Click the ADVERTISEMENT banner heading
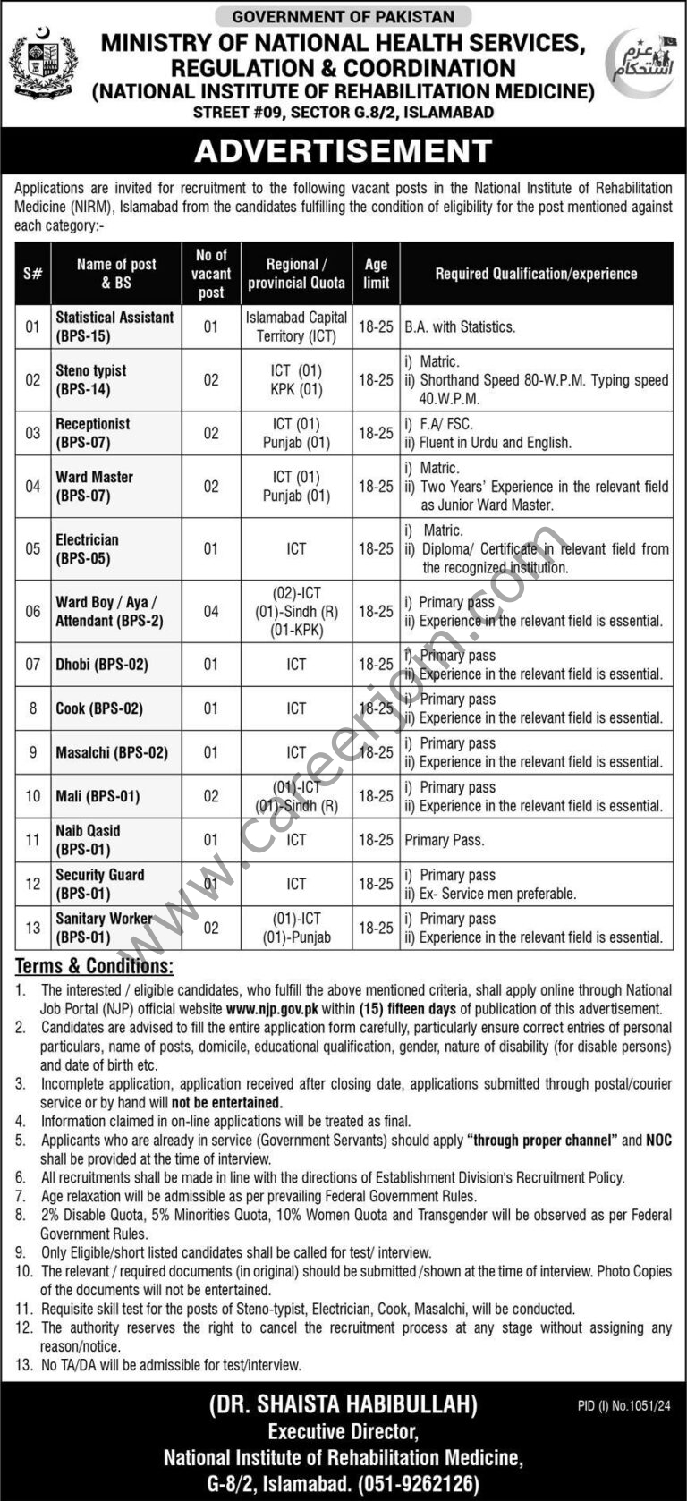click(343, 151)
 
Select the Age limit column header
click(376, 274)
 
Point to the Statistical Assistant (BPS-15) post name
click(114, 326)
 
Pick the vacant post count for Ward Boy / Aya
click(211, 612)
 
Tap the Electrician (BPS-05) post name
click(87, 549)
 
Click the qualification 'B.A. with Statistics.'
click(460, 327)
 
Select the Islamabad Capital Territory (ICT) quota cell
click(296, 326)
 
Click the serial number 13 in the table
click(33, 928)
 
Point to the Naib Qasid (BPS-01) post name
click(88, 840)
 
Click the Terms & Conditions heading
click(94, 966)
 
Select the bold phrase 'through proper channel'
click(542, 1141)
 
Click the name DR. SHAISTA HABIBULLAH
click(343, 1405)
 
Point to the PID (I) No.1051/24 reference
click(624, 1406)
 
